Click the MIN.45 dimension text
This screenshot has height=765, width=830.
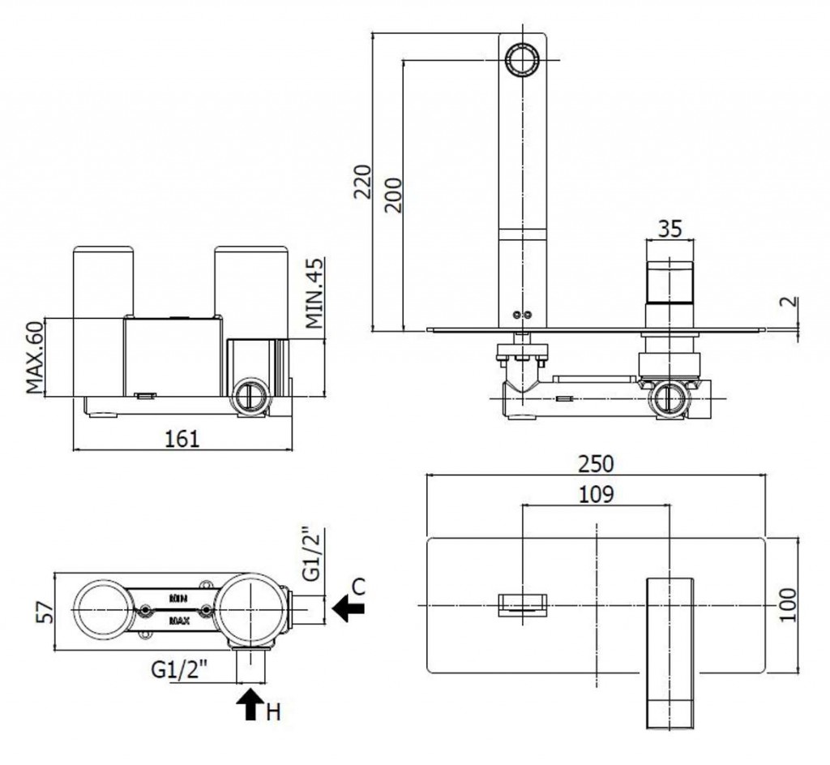coord(314,292)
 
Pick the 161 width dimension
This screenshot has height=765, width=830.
coord(182,438)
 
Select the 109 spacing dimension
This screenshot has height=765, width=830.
coord(596,492)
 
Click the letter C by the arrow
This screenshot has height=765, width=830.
coord(359,587)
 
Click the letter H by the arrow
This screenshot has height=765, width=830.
coord(273,713)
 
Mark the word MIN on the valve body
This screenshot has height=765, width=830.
coord(180,596)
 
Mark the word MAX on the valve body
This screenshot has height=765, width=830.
coord(180,621)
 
